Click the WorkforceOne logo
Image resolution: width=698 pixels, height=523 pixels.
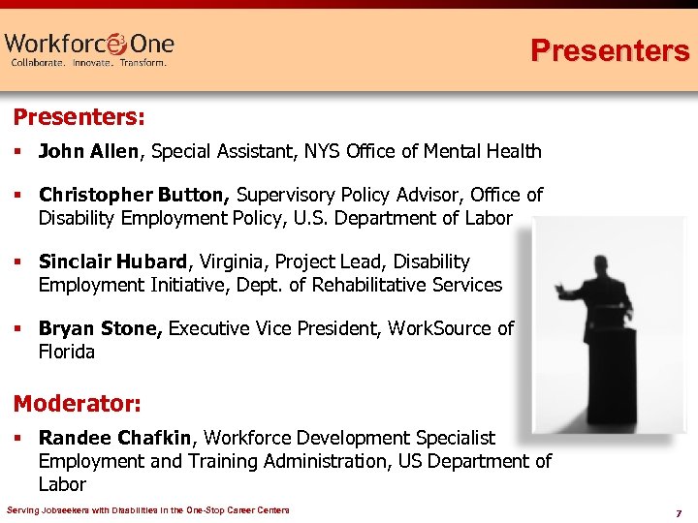pos(89,48)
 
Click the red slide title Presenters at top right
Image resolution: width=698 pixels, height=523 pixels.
pos(609,50)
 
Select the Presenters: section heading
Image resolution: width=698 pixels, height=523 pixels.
pos(79,118)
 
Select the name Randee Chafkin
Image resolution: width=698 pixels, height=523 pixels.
pos(117,439)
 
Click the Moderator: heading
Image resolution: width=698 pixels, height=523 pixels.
pos(77,401)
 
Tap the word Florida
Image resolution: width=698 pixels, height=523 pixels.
pos(67,352)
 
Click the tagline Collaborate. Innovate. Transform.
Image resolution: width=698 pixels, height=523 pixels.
pos(88,63)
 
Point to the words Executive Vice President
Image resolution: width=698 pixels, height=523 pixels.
pos(275,328)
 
